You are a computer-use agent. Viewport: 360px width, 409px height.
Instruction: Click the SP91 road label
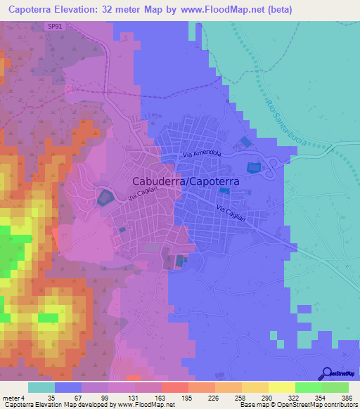click(x=55, y=26)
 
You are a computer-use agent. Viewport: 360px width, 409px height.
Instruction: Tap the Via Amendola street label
click(x=202, y=153)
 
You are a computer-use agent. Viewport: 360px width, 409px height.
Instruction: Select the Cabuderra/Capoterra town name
click(x=186, y=181)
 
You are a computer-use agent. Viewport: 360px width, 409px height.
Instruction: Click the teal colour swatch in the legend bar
click(x=41, y=387)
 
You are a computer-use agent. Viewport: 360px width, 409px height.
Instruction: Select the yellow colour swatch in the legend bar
click(x=282, y=387)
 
